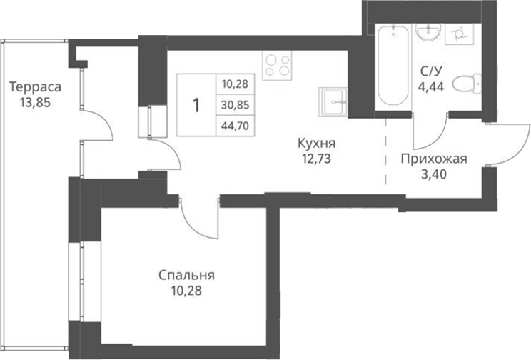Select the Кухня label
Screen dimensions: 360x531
point(317,142)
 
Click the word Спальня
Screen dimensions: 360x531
point(187,275)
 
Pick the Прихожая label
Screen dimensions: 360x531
point(433,159)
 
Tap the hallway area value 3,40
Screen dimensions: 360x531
point(433,174)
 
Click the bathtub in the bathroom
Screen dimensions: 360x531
point(392,64)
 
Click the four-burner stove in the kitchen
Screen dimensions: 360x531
point(277,65)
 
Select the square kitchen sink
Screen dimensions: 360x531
point(333,101)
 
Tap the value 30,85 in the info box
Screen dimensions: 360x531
point(234,104)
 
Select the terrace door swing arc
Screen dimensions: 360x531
point(100,125)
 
